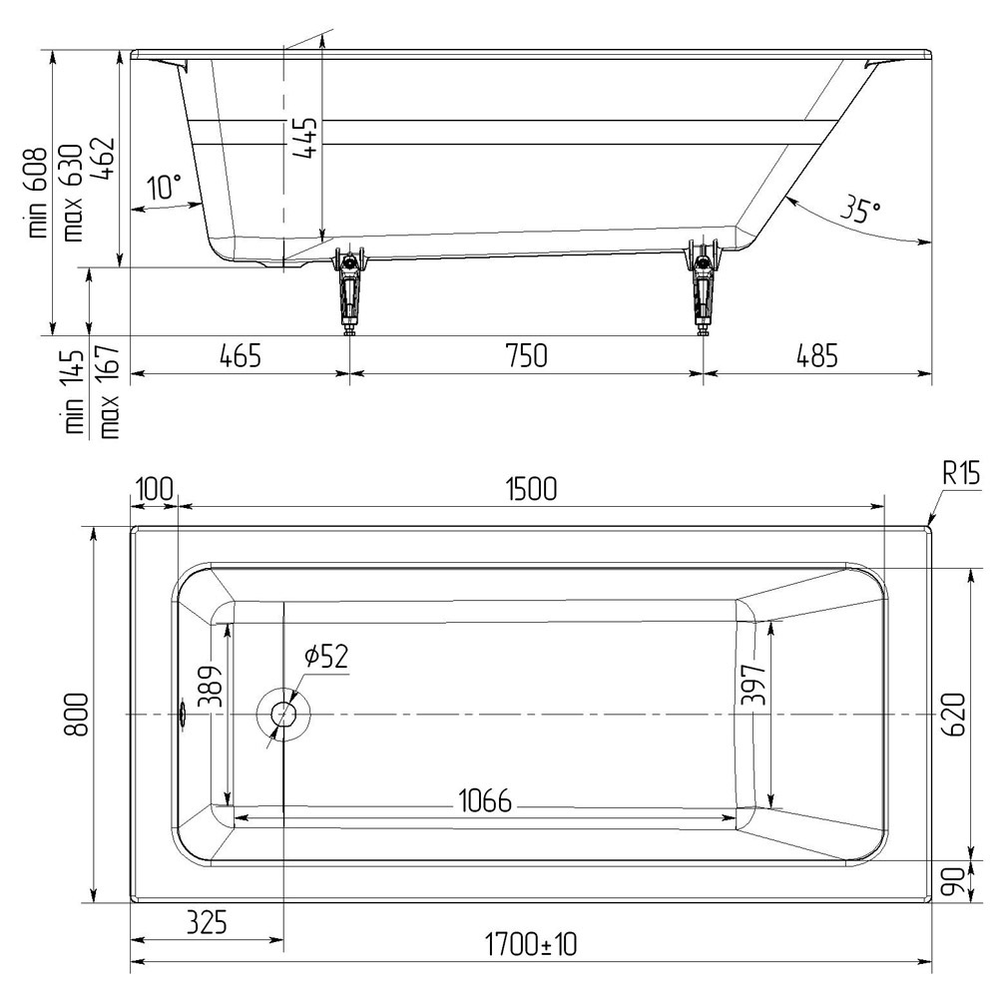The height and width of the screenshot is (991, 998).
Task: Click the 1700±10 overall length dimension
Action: point(531,944)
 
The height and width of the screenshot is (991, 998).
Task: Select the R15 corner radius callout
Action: point(960,473)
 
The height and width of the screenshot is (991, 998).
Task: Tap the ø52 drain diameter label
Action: point(326,656)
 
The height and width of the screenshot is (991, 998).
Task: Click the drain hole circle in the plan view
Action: point(283,715)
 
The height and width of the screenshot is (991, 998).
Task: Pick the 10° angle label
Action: point(165,188)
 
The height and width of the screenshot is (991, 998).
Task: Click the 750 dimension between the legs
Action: point(527,355)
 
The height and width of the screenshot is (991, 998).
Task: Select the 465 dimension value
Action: point(240,355)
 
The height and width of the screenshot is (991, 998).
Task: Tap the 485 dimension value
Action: point(816,355)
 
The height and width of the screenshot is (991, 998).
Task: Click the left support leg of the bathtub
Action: point(348,288)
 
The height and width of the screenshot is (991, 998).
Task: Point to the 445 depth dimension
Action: point(304,138)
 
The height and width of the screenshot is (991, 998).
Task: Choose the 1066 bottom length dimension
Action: point(485,800)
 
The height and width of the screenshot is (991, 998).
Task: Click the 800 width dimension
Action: point(77,715)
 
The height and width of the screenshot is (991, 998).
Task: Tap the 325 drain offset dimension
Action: point(208,921)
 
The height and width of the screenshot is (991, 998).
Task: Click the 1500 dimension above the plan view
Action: point(532,489)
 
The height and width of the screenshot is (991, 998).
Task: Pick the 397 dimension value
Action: point(754,685)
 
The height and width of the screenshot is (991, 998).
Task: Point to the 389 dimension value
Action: point(212,687)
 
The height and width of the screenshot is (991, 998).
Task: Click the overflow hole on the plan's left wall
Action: point(183,715)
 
